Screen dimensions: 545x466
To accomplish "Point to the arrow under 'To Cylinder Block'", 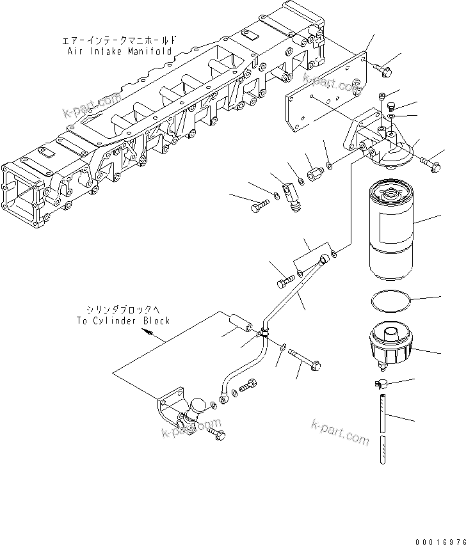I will point(147,333).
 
